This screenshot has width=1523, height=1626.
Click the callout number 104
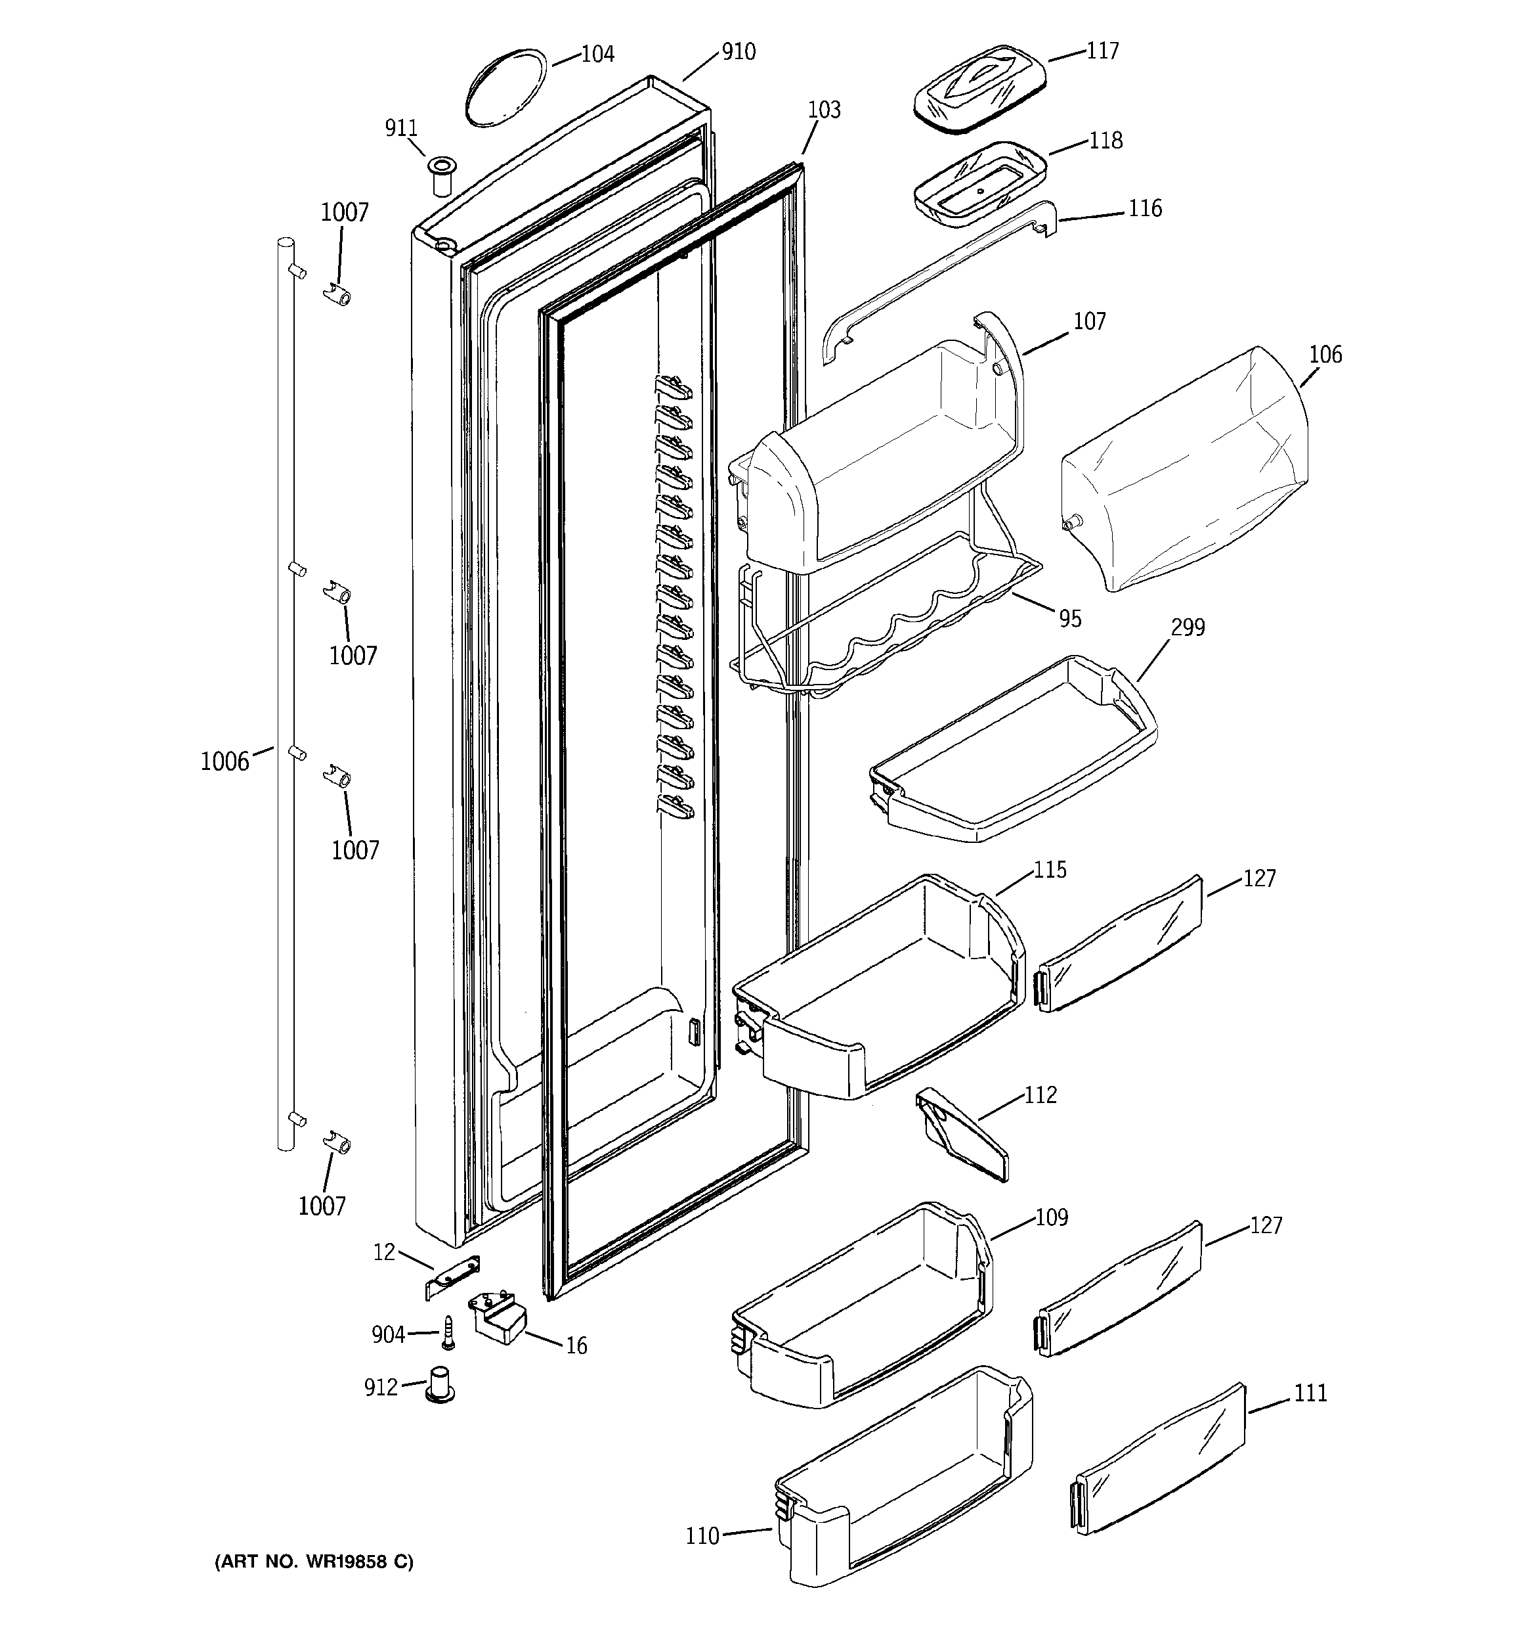pos(597,54)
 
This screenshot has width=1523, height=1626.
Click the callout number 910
pos(739,51)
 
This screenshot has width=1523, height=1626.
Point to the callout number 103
pos(823,110)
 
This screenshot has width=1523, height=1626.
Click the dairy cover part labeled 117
pos(979,87)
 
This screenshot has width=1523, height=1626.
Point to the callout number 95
pos(1070,619)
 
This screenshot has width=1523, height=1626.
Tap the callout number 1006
pos(225,761)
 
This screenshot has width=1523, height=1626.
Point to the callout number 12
pos(384,1252)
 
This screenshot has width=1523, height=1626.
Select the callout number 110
pos(702,1536)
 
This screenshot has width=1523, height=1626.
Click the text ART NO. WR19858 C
pos(314,1562)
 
